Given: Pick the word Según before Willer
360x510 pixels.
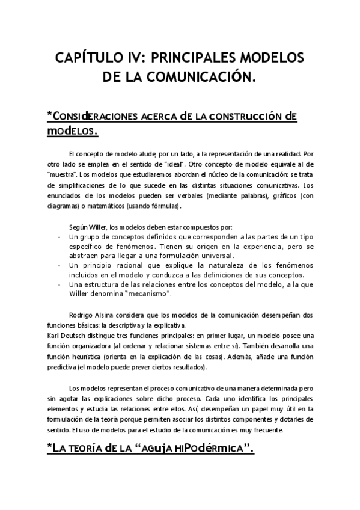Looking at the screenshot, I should click(x=79, y=227).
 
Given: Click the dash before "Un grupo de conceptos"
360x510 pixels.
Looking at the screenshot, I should click(x=59, y=238).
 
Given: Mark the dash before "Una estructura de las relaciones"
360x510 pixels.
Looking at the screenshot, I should click(x=59, y=284).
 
